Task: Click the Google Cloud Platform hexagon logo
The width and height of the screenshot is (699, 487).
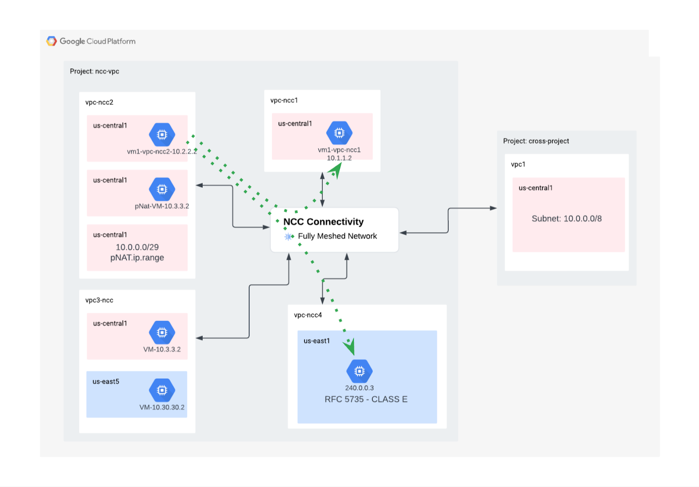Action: pyautogui.click(x=52, y=41)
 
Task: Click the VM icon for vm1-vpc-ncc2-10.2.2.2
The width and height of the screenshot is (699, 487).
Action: pyautogui.click(x=162, y=135)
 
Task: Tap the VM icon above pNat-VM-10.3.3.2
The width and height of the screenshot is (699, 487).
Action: pyautogui.click(x=162, y=189)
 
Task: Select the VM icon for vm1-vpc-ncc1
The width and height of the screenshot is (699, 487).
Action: pyautogui.click(x=339, y=133)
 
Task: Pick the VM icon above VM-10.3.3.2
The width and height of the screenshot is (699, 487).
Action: pyautogui.click(x=162, y=332)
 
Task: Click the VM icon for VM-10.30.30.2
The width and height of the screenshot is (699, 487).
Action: pyautogui.click(x=162, y=390)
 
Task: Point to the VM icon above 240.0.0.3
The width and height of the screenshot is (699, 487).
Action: pyautogui.click(x=359, y=371)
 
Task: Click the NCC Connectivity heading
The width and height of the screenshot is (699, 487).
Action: pyautogui.click(x=323, y=222)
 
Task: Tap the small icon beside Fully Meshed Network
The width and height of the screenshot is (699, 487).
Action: pyautogui.click(x=288, y=236)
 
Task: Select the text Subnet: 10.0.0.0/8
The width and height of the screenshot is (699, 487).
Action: pyautogui.click(x=566, y=219)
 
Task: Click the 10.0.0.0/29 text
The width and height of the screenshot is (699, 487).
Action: pyautogui.click(x=137, y=247)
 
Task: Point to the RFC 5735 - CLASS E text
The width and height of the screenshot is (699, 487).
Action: pyautogui.click(x=366, y=399)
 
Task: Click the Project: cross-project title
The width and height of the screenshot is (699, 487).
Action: pyautogui.click(x=536, y=141)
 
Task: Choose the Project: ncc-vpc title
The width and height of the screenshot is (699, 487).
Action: pyautogui.click(x=94, y=71)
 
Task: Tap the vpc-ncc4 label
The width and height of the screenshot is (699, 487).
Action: pyautogui.click(x=308, y=315)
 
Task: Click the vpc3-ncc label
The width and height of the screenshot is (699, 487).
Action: pyautogui.click(x=99, y=300)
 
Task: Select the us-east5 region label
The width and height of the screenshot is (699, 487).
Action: pyautogui.click(x=106, y=381)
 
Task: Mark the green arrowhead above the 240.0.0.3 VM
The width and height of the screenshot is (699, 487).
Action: pyautogui.click(x=349, y=347)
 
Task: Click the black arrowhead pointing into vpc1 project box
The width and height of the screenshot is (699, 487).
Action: pyautogui.click(x=493, y=208)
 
